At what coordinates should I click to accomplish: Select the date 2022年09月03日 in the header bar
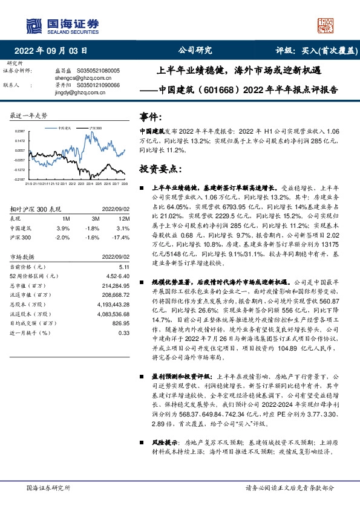(54, 51)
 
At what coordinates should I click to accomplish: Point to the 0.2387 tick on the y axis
(20, 131)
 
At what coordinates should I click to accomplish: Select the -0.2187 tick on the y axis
(20, 180)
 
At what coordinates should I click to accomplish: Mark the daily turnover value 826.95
(121, 323)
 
